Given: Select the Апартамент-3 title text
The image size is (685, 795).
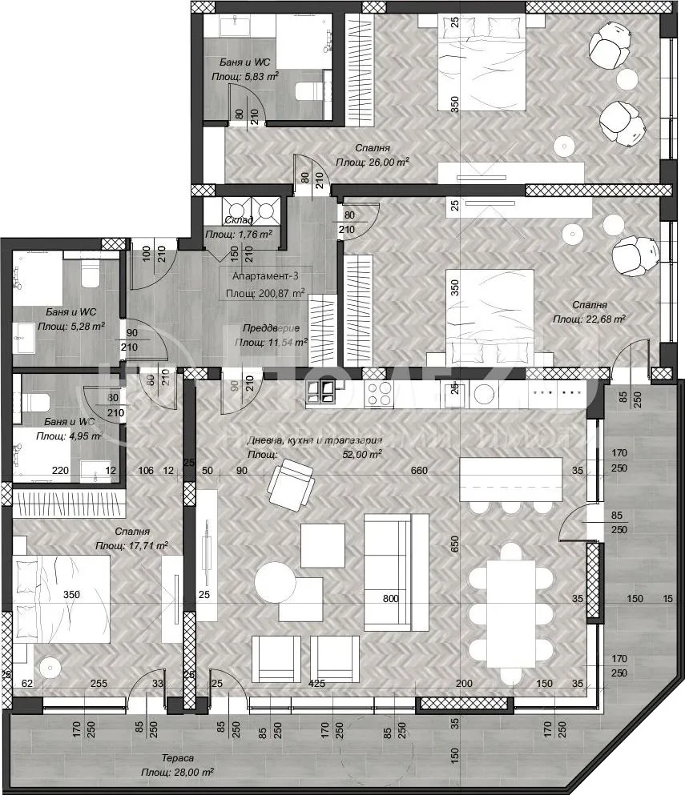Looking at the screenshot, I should [x=262, y=277].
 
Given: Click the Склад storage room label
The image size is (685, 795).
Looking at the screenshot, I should [x=239, y=220].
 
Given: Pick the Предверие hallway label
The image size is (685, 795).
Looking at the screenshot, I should [x=271, y=328].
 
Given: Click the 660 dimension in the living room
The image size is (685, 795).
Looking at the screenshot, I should [x=418, y=471].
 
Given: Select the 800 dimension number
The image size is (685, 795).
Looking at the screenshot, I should [x=390, y=597].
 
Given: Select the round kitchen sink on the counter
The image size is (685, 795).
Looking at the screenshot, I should [x=484, y=393].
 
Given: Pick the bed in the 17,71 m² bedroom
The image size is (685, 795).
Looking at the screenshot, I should [x=60, y=596].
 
